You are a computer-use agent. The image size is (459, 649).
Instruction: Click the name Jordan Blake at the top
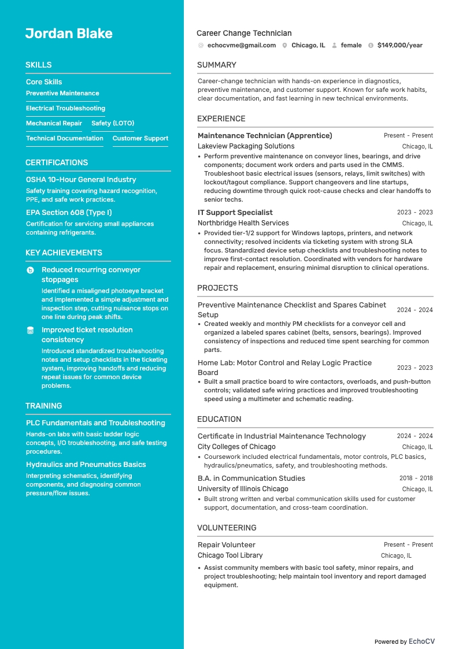[69, 34]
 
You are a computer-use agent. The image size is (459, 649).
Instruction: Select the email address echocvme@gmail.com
[241, 45]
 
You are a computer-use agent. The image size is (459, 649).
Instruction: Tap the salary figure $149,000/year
[399, 45]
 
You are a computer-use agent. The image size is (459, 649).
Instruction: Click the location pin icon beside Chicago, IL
[284, 45]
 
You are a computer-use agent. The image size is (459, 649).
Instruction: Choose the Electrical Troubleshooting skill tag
[65, 108]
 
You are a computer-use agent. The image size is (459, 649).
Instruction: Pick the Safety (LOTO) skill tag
[113, 123]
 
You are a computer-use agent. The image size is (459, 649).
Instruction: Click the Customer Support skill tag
[140, 138]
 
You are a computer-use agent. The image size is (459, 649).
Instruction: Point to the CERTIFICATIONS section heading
[57, 162]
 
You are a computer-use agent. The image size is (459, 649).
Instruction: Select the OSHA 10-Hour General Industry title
[81, 180]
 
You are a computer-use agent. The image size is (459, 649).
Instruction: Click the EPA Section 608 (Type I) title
[69, 213]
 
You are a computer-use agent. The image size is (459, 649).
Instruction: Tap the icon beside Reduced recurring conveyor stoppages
[30, 270]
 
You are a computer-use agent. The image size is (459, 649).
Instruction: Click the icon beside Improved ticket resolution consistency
[30, 331]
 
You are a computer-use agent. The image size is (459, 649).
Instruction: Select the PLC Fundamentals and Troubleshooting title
[95, 423]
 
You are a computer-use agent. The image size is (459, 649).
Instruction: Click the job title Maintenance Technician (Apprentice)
[265, 136]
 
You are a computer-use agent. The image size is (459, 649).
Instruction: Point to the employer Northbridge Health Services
[243, 223]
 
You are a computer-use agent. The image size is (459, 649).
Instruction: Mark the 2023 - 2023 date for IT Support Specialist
[414, 213]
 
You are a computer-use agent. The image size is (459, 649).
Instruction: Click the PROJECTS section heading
[217, 288]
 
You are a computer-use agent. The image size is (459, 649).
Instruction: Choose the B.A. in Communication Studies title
[251, 479]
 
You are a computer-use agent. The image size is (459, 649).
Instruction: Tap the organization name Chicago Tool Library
[230, 555]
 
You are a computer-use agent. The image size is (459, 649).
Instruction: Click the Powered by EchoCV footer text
[404, 641]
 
